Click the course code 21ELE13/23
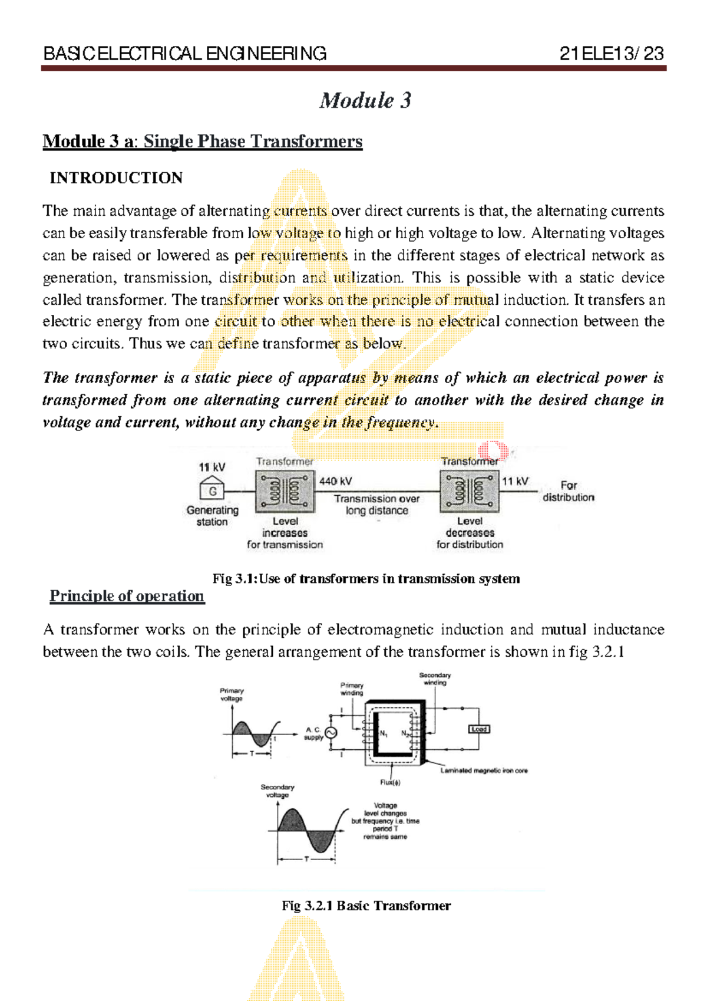click(612, 54)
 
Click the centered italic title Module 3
click(365, 100)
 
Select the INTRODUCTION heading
click(116, 178)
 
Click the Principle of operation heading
click(127, 596)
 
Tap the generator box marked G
click(213, 490)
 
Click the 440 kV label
click(336, 482)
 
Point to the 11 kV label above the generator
click(212, 467)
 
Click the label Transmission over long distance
click(376, 505)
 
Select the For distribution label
click(568, 491)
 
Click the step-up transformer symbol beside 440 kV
click(285, 491)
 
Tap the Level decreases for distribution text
click(470, 533)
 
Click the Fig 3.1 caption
click(366, 579)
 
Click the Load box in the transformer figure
click(479, 729)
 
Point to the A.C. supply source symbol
click(331, 733)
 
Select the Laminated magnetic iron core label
click(484, 770)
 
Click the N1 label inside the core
click(384, 734)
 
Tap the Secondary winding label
click(435, 679)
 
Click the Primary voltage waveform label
click(232, 694)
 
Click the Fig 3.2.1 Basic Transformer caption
click(366, 906)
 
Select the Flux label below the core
click(390, 783)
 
